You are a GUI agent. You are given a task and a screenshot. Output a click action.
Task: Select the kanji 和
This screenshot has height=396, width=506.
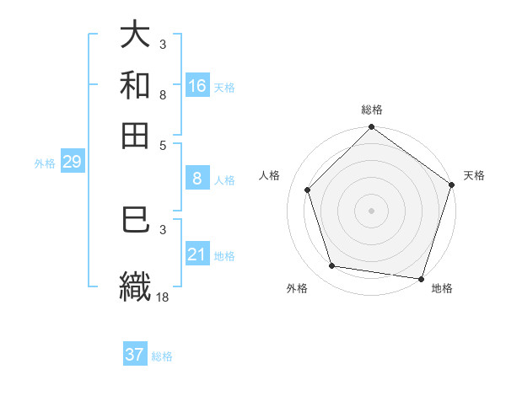pos(135,84)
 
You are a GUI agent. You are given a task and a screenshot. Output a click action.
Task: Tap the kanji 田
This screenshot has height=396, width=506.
pos(135,134)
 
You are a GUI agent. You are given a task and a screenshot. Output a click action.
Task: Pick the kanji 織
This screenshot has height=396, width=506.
pos(135,285)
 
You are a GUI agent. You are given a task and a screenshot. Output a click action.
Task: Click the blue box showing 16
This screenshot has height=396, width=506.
pos(197,85)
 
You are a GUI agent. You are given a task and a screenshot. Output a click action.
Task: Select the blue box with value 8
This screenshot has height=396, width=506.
pos(197,178)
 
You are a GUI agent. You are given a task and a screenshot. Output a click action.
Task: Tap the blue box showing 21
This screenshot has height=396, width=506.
pos(197,254)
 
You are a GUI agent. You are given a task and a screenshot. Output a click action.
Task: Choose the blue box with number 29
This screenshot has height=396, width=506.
pos(72,162)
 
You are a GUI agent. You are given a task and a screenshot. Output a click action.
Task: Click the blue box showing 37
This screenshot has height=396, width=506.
pos(135,355)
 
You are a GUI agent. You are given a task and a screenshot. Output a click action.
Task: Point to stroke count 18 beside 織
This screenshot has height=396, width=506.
pos(164,297)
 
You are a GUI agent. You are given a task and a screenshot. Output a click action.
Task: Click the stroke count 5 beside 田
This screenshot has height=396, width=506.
pos(163,145)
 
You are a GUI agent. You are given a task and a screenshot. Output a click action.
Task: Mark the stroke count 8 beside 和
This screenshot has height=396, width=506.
pos(163,95)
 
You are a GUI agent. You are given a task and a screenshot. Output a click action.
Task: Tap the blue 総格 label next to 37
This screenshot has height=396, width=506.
pos(162,356)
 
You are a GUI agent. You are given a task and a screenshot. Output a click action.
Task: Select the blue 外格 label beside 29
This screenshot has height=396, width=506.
pos(45,163)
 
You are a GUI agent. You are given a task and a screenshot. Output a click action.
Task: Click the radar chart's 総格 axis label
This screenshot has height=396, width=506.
pos(371,110)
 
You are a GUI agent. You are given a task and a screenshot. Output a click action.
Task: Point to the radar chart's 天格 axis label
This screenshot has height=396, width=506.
pos(474,175)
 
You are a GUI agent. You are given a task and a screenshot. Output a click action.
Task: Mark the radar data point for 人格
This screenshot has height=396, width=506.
pos(308,190)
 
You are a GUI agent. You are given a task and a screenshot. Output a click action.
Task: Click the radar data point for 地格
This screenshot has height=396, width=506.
pos(420,277)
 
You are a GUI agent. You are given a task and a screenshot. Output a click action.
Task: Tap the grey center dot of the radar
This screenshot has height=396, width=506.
pos(371,210)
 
